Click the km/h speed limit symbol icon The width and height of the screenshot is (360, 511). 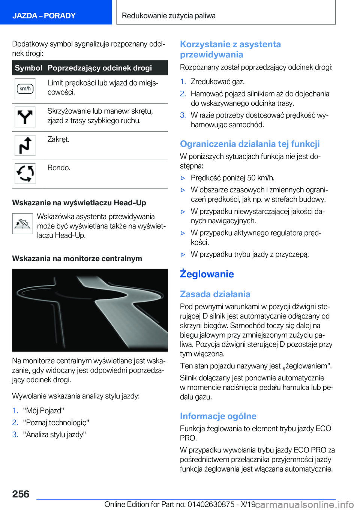[x=25, y=89]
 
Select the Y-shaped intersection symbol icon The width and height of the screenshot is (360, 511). [x=25, y=117]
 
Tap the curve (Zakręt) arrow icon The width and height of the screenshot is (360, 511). [x=25, y=146]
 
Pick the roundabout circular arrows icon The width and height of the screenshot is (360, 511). [x=25, y=173]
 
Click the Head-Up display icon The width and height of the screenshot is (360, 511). [x=22, y=224]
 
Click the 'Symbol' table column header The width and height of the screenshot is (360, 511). [x=28, y=68]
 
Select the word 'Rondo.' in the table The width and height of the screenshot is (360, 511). [x=59, y=168]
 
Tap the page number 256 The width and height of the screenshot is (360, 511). [x=21, y=494]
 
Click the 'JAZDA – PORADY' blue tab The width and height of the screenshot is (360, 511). [x=44, y=16]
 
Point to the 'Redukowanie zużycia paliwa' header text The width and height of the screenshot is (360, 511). [x=169, y=16]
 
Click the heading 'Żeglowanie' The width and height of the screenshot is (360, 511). [x=207, y=274]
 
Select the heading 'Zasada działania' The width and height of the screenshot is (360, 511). [x=215, y=294]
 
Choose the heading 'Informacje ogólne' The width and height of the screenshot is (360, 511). [x=218, y=416]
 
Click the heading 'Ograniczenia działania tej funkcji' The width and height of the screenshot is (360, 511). [x=250, y=144]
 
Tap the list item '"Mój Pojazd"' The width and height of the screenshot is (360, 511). [x=43, y=410]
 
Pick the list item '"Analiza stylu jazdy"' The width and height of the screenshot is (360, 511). [x=54, y=434]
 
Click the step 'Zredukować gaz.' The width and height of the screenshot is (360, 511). [x=217, y=81]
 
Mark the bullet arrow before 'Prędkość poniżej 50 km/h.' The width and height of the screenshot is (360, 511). [x=183, y=178]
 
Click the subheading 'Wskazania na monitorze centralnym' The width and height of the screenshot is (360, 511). [x=77, y=259]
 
